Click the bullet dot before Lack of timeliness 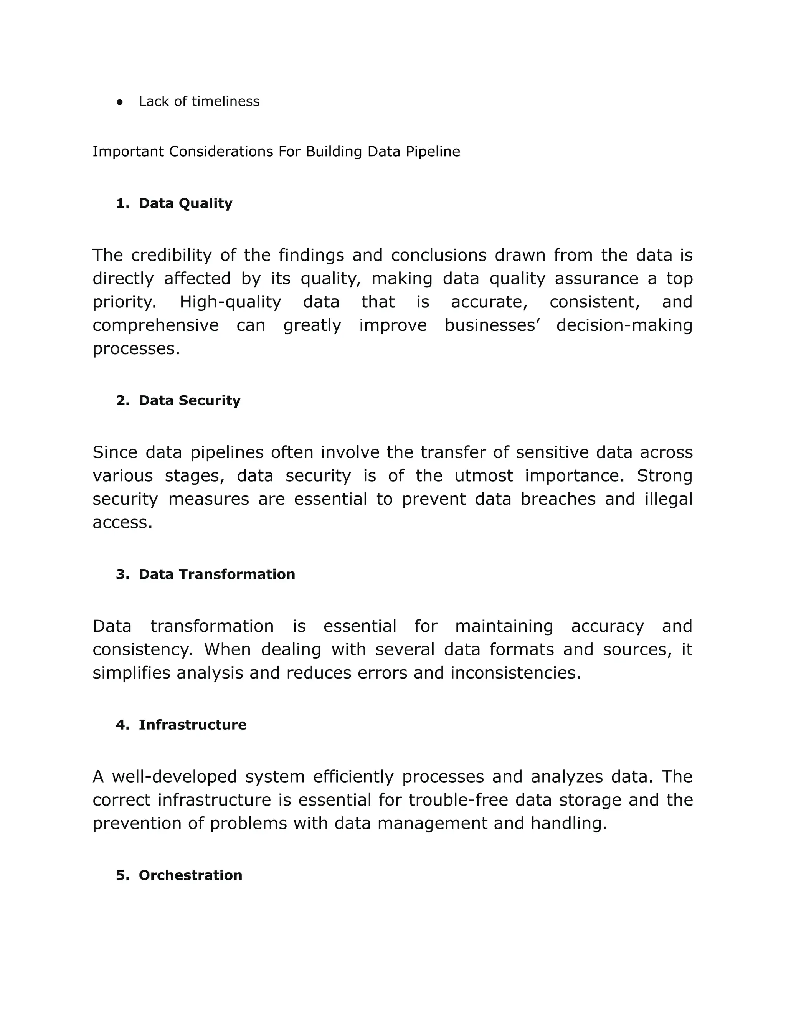coord(120,102)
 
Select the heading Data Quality coord(185,203)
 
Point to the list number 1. coord(122,203)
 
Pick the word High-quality coord(231,302)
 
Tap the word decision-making coord(624,325)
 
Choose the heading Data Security coord(190,400)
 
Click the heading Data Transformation coord(216,574)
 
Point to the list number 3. coord(122,574)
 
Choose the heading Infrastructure coord(192,725)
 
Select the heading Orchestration coord(190,875)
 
